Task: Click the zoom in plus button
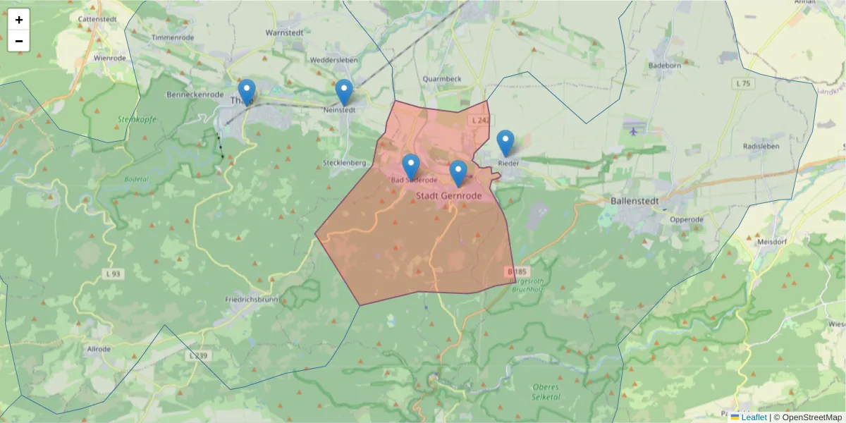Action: (x=19, y=20)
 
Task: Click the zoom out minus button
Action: (x=19, y=41)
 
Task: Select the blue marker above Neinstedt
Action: (x=343, y=92)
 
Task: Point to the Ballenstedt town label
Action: (x=633, y=201)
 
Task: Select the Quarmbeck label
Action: (x=442, y=79)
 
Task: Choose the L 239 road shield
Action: (x=199, y=356)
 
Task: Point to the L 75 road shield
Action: (x=742, y=83)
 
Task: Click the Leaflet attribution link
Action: (x=753, y=417)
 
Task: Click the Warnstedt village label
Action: (x=283, y=33)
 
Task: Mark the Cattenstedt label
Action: (x=97, y=20)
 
